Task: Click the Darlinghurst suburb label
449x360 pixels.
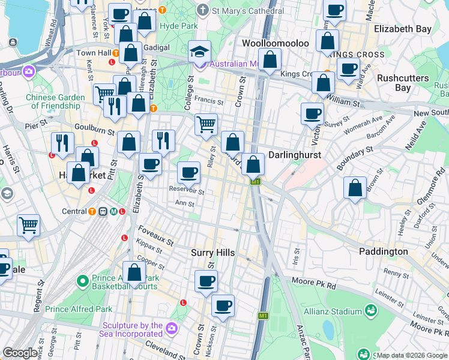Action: click(x=294, y=155)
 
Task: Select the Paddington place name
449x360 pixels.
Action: click(x=384, y=251)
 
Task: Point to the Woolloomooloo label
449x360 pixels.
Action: click(x=276, y=44)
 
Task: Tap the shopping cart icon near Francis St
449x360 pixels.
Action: click(x=206, y=125)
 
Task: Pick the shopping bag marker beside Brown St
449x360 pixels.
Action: click(x=355, y=187)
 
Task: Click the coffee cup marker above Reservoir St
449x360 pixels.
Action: click(x=188, y=173)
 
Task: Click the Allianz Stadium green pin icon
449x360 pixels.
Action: click(x=372, y=311)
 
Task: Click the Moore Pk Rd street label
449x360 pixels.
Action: click(x=313, y=281)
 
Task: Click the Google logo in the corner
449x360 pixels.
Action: click(x=20, y=353)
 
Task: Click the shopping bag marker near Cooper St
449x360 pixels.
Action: click(x=134, y=272)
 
